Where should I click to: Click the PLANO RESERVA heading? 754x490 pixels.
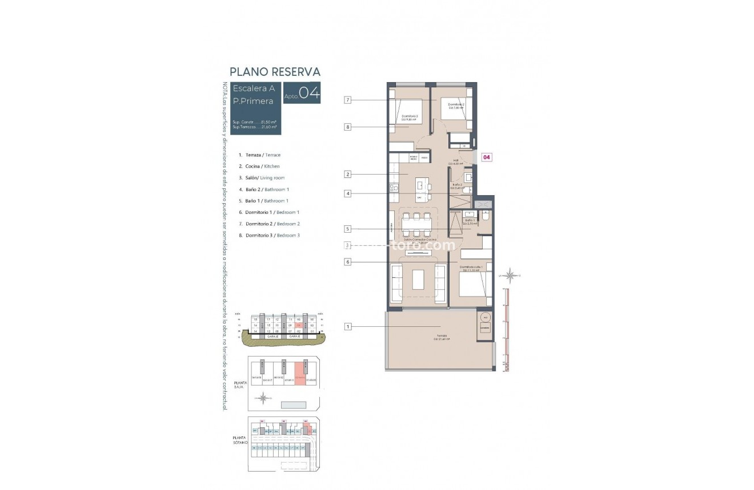pyautogui.click(x=275, y=72)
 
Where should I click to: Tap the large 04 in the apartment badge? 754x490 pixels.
pyautogui.click(x=309, y=93)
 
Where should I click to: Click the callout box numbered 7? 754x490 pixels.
pyautogui.click(x=347, y=100)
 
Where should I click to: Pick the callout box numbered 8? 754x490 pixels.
pyautogui.click(x=347, y=127)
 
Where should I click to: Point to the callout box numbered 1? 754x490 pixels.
pyautogui.click(x=347, y=326)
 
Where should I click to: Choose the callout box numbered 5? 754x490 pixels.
pyautogui.click(x=347, y=229)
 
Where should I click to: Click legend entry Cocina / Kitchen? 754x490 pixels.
pyautogui.click(x=262, y=166)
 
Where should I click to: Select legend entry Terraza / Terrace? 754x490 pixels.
pyautogui.click(x=263, y=155)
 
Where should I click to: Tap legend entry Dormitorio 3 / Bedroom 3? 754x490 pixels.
pyautogui.click(x=272, y=235)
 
